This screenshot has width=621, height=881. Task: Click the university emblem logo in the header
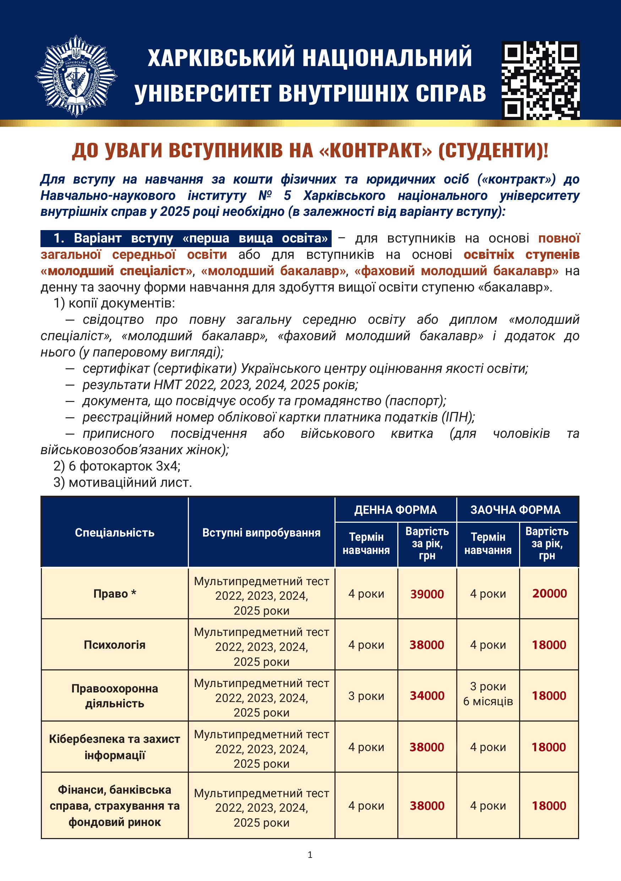coord(76,76)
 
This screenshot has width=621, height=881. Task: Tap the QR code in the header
coord(540,80)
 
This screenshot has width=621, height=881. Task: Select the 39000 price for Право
coord(427,594)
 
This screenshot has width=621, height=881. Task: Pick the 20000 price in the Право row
coord(549,594)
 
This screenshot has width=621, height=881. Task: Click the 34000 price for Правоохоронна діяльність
coord(427,696)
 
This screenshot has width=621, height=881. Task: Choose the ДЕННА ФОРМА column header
coord(396,510)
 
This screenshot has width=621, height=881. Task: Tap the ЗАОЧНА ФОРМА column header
coord(516,510)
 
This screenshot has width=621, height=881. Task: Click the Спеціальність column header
coord(115,533)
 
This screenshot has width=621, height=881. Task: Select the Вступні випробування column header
coord(261,533)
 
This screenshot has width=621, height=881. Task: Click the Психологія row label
coord(115,645)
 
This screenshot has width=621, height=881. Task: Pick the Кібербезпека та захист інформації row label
coord(115,747)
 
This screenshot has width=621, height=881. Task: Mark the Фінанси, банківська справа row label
coord(115,806)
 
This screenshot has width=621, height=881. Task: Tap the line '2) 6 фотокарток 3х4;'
coord(117,466)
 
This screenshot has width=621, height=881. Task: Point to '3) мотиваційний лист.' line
coord(123,482)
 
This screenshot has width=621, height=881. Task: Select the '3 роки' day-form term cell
coord(366,696)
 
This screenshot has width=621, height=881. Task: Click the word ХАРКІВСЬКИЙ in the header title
coord(221,58)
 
